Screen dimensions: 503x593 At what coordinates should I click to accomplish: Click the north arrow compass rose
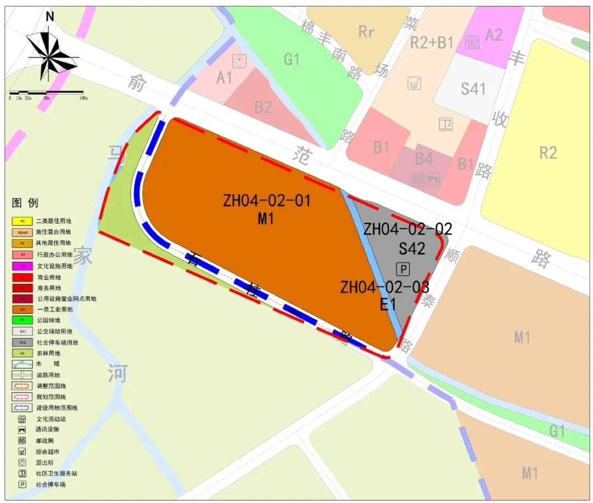pyautogui.click(x=50, y=54)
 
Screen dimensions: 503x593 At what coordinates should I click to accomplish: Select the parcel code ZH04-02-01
pyautogui.click(x=267, y=201)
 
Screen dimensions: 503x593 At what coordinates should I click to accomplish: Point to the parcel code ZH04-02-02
pyautogui.click(x=407, y=229)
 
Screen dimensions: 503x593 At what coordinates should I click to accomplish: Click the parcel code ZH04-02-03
pyautogui.click(x=384, y=287)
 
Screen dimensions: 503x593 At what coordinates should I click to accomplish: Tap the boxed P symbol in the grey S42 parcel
pyautogui.click(x=403, y=269)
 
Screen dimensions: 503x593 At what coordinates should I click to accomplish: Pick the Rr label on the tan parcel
pyautogui.click(x=366, y=32)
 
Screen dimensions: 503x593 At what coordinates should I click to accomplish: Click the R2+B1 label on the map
pyautogui.click(x=434, y=42)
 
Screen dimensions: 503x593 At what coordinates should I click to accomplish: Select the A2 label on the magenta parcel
pyautogui.click(x=494, y=35)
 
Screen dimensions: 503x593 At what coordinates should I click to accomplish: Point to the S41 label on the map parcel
pyautogui.click(x=473, y=89)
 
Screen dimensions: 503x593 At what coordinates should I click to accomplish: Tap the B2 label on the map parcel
pyautogui.click(x=263, y=107)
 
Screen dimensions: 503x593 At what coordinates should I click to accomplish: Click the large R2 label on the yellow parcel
pyautogui.click(x=548, y=152)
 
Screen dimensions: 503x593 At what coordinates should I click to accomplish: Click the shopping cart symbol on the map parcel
pyautogui.click(x=415, y=84)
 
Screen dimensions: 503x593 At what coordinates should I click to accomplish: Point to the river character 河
pyautogui.click(x=117, y=373)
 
